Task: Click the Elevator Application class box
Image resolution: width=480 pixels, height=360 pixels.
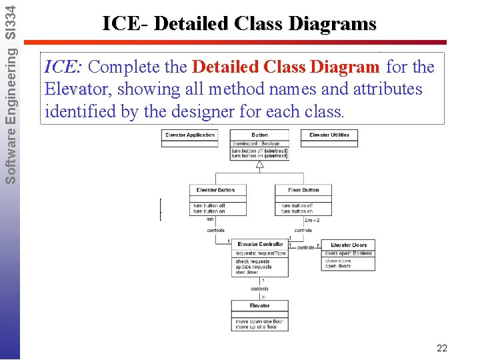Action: pos(190,135)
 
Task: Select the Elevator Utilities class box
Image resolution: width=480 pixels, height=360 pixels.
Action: pos(329,135)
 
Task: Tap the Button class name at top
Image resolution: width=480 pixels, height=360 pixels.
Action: pos(260,135)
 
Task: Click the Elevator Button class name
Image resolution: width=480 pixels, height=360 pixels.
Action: pos(215,190)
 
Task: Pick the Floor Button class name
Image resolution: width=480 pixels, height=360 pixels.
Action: pos(303,190)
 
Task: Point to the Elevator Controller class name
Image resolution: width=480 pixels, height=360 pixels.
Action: pos(260,245)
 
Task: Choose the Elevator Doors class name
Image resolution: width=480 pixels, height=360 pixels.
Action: pos(349,245)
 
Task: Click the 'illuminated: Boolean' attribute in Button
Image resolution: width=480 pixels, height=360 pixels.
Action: pos(257,143)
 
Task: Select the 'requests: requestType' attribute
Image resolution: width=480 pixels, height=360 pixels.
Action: pos(260,253)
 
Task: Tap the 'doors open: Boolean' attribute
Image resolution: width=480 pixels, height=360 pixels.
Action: pos(348,253)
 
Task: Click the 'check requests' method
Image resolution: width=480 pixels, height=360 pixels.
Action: pos(252,262)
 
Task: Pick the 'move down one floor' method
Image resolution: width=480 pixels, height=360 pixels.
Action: pos(259,321)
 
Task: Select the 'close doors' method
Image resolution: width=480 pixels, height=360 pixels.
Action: pos(338,261)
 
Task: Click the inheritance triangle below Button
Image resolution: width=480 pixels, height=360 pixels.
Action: pos(260,164)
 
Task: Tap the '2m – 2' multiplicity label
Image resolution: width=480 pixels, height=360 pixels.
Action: pos(311,219)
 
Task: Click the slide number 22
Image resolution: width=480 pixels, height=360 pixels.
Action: pos(441,348)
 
